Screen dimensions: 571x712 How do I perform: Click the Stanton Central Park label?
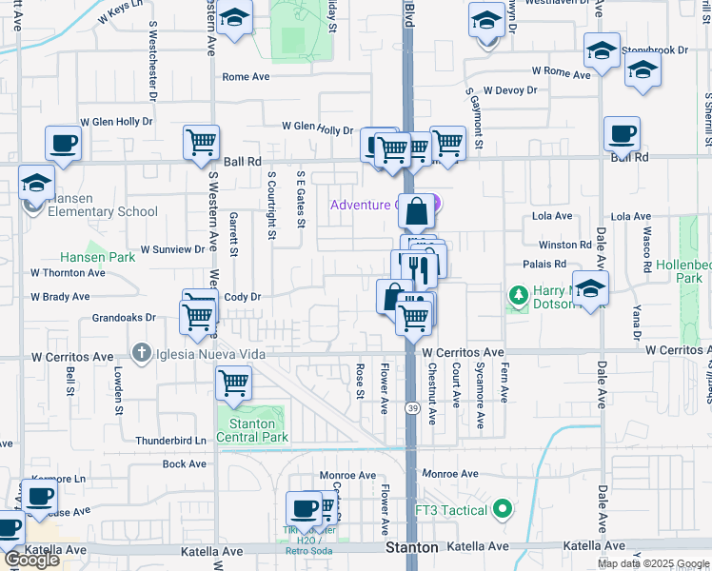point(251,430)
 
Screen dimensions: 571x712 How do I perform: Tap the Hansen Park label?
point(98,257)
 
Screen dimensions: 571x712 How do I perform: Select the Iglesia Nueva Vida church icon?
point(142,354)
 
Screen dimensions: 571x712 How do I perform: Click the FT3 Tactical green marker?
point(502,510)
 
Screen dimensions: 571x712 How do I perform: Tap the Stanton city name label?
point(412,547)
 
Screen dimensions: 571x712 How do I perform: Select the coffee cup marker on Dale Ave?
point(622,135)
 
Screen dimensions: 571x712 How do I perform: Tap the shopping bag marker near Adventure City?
point(416,211)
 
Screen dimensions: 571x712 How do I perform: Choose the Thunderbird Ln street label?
point(170,441)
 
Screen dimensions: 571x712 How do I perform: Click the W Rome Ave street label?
point(562,70)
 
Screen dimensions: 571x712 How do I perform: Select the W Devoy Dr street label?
point(509,90)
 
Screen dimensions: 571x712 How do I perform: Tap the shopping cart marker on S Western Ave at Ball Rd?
point(201,143)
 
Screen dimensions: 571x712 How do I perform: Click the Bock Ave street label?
point(184,463)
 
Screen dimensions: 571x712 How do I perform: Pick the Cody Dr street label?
point(242,297)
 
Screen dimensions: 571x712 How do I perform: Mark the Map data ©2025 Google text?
point(653,563)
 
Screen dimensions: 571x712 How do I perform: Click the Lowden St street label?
point(119,385)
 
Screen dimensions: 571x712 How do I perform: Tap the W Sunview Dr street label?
point(172,249)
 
